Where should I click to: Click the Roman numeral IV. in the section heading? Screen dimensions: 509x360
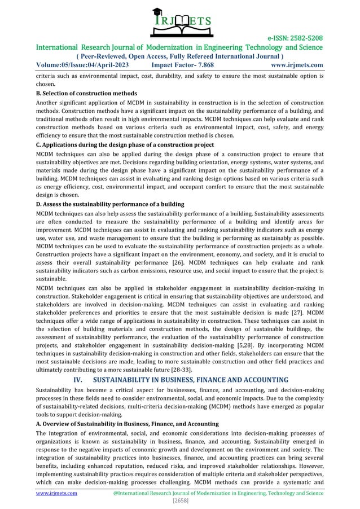pyautogui.click(x=82, y=379)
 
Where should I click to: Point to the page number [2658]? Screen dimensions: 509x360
pyautogui.click(x=179, y=501)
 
